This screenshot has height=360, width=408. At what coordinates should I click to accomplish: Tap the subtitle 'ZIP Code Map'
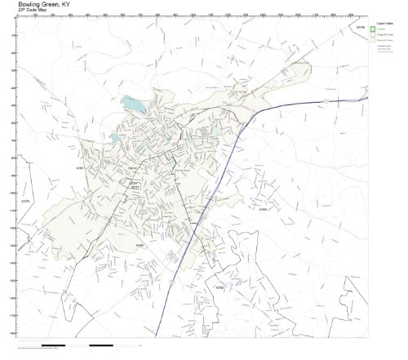click(x=33, y=10)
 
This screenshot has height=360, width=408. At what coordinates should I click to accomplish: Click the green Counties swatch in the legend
click(x=373, y=29)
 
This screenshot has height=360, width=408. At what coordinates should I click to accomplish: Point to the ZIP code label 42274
click(x=25, y=201)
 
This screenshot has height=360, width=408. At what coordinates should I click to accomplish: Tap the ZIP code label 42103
click(x=263, y=210)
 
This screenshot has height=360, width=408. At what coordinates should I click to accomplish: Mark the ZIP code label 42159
click(x=361, y=27)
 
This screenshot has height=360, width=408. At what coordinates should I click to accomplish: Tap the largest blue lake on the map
click(x=131, y=105)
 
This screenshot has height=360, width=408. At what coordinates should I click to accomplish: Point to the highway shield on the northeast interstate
click(x=326, y=100)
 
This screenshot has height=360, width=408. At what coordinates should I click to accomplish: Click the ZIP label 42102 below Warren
click(x=135, y=184)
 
